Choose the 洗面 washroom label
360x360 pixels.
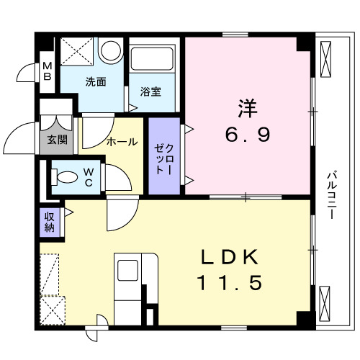(96, 81)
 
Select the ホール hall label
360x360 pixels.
(122, 142)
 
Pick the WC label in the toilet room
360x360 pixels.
(87, 176)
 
